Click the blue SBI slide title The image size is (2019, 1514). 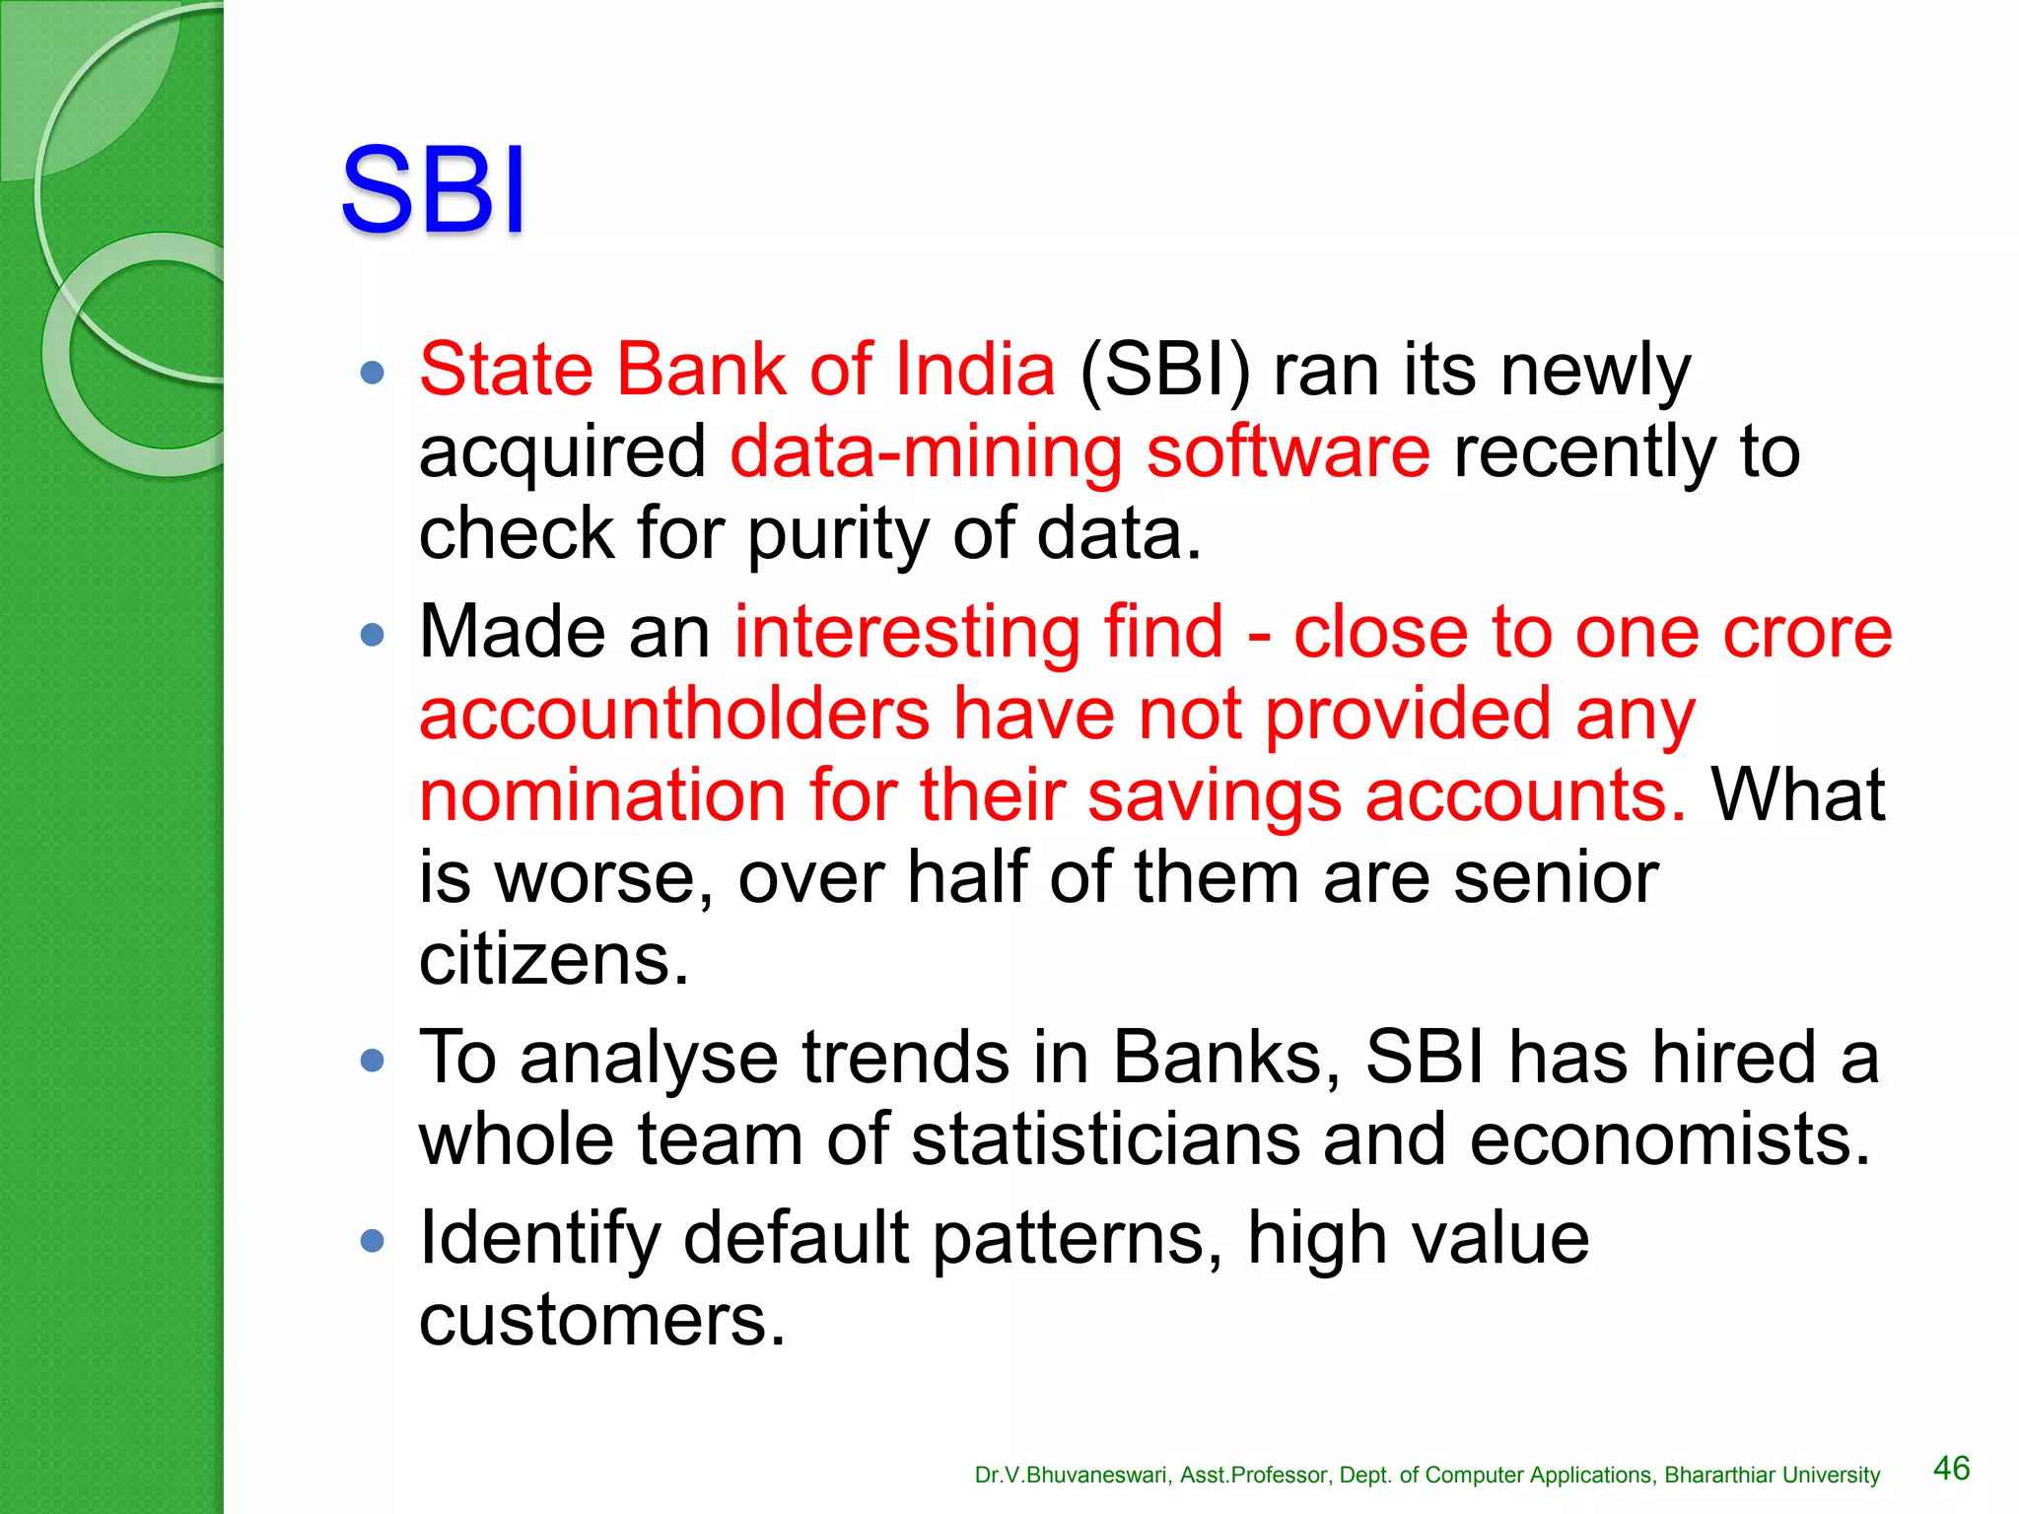[433, 189]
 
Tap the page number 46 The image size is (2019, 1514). [1951, 1468]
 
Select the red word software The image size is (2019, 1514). [1288, 452]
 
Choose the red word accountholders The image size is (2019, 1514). [674, 714]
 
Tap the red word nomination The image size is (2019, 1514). [602, 795]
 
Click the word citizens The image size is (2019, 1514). [553, 959]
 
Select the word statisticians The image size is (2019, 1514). [1104, 1139]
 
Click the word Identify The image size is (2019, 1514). [539, 1238]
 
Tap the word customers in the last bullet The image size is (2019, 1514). [601, 1320]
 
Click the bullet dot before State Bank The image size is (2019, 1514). [373, 373]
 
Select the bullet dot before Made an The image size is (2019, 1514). [373, 635]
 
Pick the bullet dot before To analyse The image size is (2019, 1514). [373, 1061]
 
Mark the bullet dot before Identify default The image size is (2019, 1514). [373, 1240]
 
